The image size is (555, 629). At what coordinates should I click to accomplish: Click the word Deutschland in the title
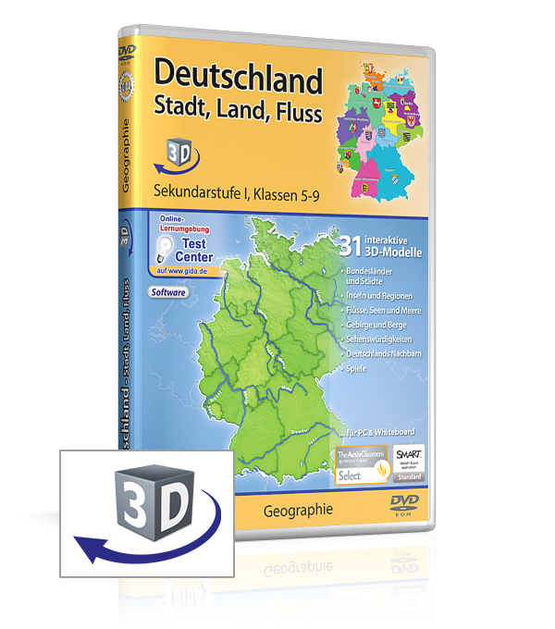238,80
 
